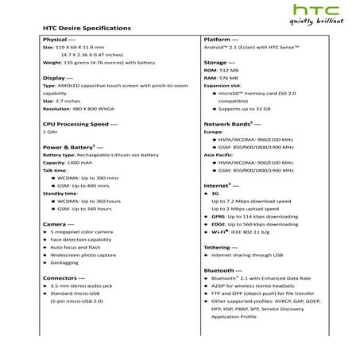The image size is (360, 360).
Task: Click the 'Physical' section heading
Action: pyautogui.click(x=58, y=39)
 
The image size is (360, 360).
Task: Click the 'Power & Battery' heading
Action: pyautogui.click(x=72, y=148)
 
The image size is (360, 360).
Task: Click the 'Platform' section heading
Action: pyautogui.click(x=222, y=39)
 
